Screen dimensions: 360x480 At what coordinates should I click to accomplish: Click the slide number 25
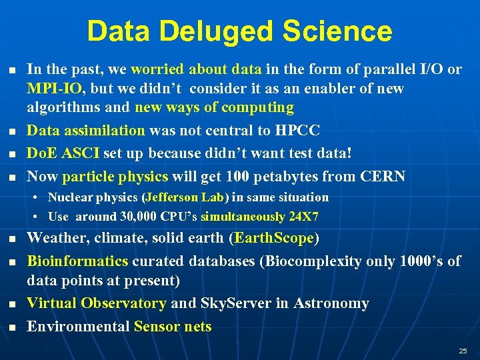coord(463,351)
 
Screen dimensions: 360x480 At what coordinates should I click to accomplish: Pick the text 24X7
coord(305,217)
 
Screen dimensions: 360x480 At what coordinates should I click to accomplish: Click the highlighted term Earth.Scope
coord(273,239)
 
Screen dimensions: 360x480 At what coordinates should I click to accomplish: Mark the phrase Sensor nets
coord(173,327)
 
